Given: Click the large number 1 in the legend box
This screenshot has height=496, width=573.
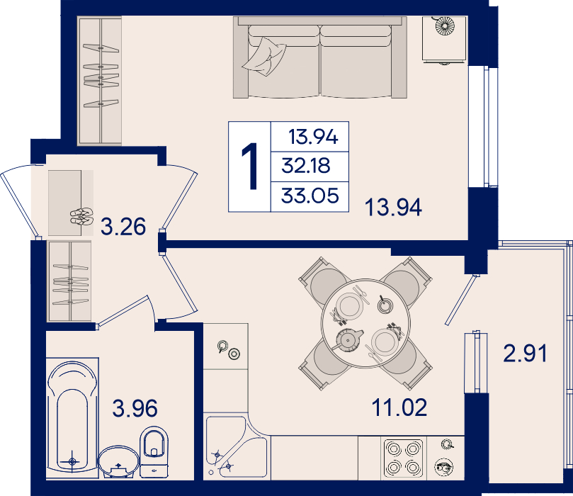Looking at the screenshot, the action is [x=250, y=167].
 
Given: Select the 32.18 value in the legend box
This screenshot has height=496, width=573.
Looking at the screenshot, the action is [x=306, y=166].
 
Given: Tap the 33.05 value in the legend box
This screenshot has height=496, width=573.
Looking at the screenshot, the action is [x=310, y=196].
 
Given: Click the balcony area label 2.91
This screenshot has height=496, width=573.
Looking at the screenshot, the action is [x=525, y=354].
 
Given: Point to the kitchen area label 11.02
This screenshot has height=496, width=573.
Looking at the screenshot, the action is [x=399, y=407].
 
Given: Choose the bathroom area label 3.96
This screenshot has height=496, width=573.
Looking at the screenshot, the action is [x=135, y=408].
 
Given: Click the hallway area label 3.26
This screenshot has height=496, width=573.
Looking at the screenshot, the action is [x=123, y=226].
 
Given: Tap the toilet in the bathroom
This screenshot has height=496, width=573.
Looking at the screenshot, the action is [x=154, y=452].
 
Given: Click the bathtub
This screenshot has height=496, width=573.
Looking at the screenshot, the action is [x=72, y=416].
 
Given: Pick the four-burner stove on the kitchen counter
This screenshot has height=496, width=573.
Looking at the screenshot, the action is [x=403, y=458].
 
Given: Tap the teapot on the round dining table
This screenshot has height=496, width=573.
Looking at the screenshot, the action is [x=348, y=340].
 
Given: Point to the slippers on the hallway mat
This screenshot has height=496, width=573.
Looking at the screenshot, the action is [x=81, y=216].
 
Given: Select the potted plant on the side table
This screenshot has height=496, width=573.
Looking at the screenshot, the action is [x=445, y=26].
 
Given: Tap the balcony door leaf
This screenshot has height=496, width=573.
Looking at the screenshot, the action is [x=460, y=300].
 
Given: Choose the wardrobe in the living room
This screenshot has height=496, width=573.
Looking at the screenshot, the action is [x=99, y=81].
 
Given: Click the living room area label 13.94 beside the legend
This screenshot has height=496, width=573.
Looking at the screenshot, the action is [x=393, y=207].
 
